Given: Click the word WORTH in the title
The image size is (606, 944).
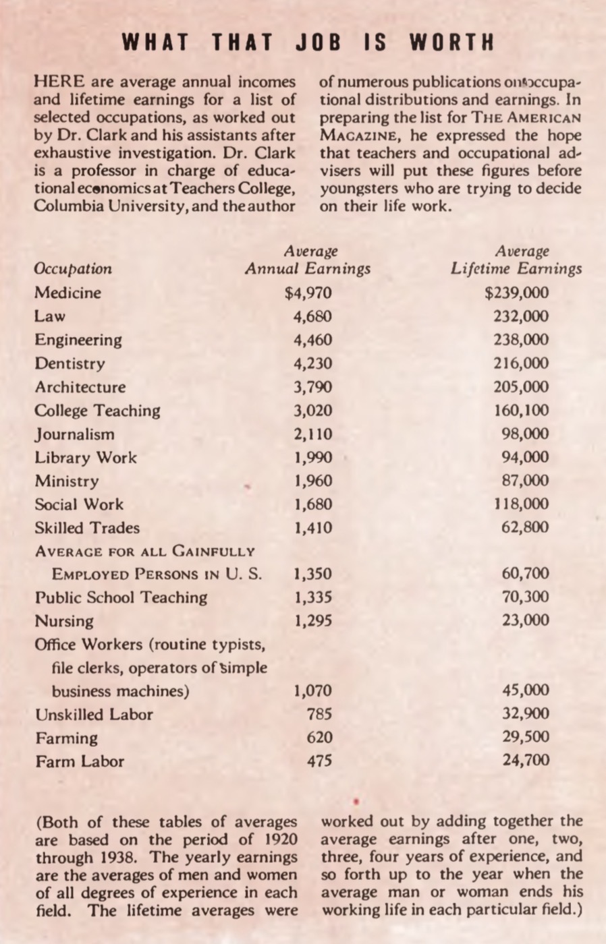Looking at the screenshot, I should click(x=451, y=42).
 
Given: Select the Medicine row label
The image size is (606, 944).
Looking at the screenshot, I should click(x=67, y=293).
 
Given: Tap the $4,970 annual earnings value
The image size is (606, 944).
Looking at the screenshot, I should click(x=308, y=293).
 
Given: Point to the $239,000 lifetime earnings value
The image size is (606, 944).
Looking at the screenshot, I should click(x=516, y=293).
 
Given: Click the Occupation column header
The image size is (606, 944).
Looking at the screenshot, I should click(x=73, y=269).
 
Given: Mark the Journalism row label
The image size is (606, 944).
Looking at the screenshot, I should click(x=74, y=434).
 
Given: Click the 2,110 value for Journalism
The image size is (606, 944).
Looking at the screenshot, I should click(x=312, y=434).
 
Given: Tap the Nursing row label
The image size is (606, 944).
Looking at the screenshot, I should click(x=64, y=621).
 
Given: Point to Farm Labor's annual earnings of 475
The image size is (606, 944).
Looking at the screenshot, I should click(x=319, y=761).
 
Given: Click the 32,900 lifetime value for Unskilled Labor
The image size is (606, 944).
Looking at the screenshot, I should click(x=525, y=714).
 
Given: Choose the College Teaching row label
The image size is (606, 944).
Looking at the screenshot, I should click(x=98, y=411).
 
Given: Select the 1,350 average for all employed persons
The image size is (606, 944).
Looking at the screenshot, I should click(x=312, y=574).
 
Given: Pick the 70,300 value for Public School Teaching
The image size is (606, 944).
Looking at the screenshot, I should click(x=525, y=597).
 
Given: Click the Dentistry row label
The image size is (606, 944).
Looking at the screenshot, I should click(x=70, y=363).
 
